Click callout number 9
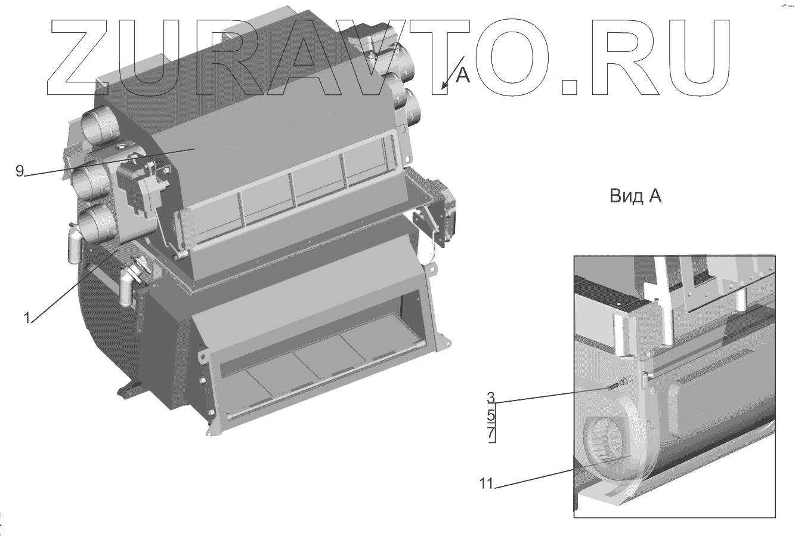(20, 171)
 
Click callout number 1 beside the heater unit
(27, 318)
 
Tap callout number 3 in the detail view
(491, 398)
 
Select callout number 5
(491, 414)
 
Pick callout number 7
(491, 433)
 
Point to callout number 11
(487, 483)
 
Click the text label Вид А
(635, 196)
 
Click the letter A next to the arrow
(462, 75)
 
